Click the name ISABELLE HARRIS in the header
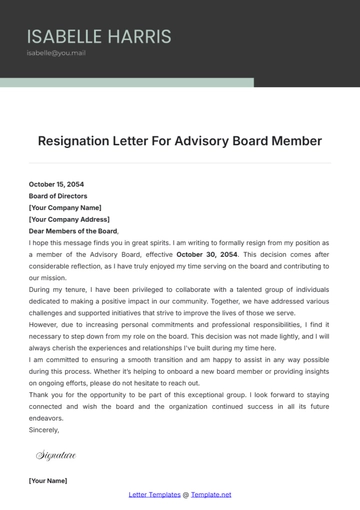coord(99,37)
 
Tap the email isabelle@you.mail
coord(56,53)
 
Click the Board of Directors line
coord(59,196)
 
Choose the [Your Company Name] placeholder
coord(66,207)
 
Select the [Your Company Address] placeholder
coord(69,219)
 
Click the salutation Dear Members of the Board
coord(73,231)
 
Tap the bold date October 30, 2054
coord(209,254)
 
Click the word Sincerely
coord(44,428)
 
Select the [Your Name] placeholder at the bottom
coord(48,481)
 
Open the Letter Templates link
coord(154,494)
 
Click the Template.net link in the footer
coord(212,494)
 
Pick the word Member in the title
coord(297,141)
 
